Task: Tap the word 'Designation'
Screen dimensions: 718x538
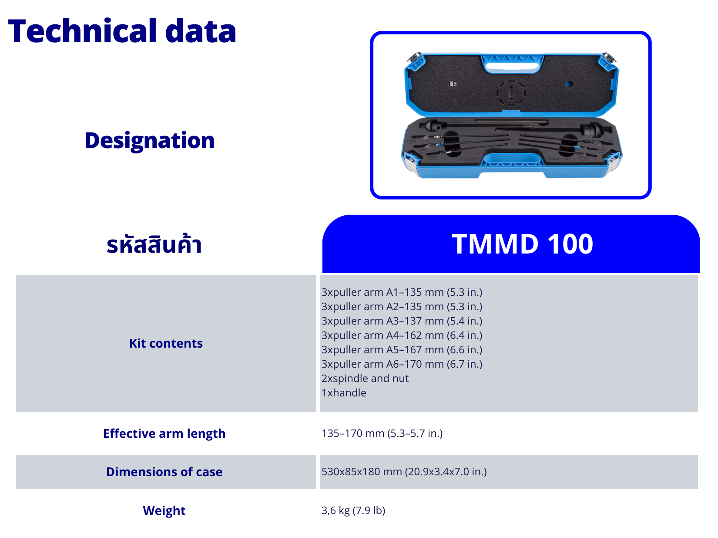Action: point(150,140)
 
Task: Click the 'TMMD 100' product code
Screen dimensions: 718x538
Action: point(522,244)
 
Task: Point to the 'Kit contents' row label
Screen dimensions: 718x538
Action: point(166,343)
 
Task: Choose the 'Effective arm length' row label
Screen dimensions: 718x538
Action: point(164,433)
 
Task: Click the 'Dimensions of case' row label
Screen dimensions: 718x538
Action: point(164,472)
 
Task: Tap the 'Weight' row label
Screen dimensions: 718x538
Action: point(164,511)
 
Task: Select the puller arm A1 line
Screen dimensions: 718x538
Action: point(402,292)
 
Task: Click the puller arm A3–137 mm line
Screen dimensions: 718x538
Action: point(402,321)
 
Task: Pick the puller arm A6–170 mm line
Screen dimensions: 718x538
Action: point(402,364)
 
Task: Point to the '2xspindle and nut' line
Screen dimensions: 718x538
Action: point(365,379)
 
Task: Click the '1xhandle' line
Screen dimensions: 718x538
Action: point(344,393)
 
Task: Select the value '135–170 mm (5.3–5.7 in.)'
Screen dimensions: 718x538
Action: point(382,433)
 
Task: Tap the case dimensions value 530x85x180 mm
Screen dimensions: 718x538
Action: point(404,472)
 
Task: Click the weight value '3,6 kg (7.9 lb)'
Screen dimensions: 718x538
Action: point(353,511)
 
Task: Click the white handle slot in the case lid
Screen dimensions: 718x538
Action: point(512,67)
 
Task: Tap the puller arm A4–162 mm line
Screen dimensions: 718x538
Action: point(402,335)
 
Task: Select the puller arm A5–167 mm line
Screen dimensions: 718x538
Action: point(402,350)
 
